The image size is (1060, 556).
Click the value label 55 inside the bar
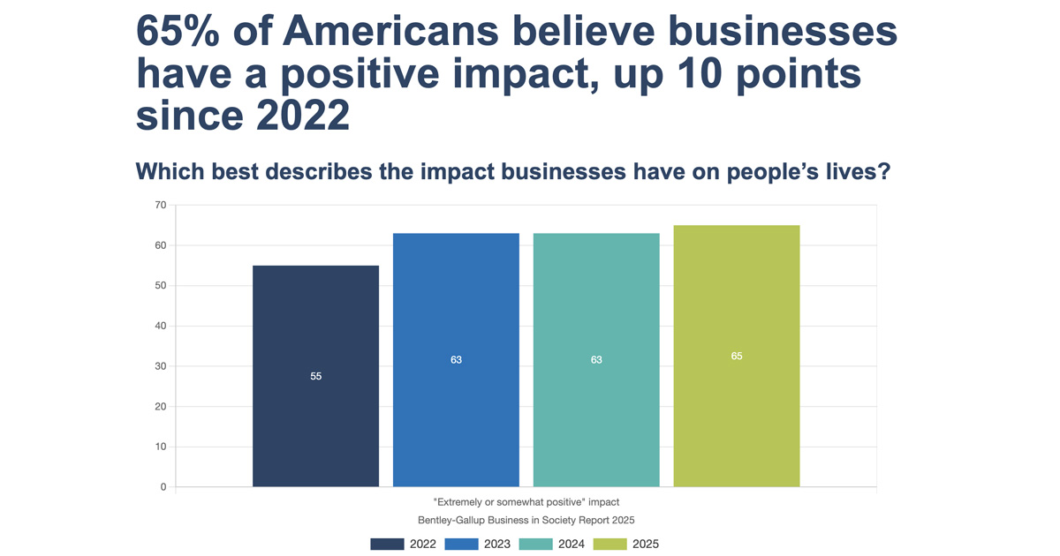[315, 376]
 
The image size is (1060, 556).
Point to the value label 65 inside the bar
[737, 356]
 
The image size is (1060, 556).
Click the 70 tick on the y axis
[161, 206]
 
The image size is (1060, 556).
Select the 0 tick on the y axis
[163, 487]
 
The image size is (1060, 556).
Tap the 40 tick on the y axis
[161, 327]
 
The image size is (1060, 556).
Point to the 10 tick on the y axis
[161, 447]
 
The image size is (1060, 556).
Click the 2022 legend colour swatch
[387, 544]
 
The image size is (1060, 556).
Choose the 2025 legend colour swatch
[609, 544]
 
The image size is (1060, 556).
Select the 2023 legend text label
[497, 544]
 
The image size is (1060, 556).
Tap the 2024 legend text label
[572, 544]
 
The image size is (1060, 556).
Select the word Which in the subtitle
[170, 172]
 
